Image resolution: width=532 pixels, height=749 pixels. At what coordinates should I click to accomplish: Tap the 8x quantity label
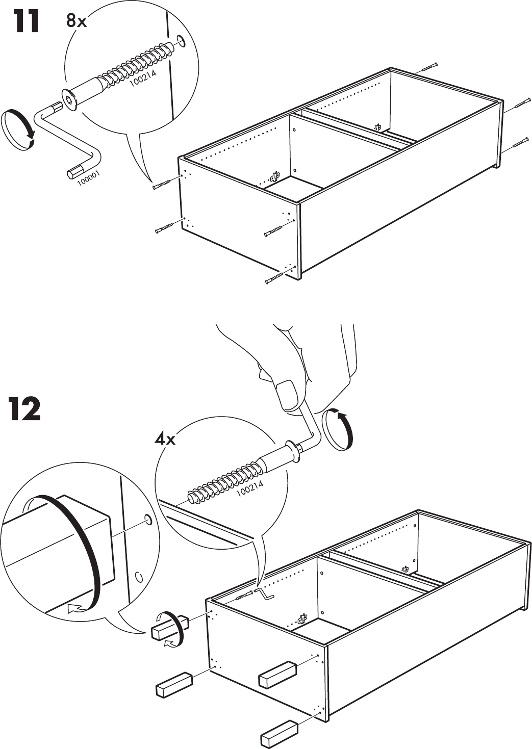point(76,21)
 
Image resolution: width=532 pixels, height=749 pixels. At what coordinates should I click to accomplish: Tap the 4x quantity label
point(165,438)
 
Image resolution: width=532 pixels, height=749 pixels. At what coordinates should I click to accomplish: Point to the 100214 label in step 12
point(250,489)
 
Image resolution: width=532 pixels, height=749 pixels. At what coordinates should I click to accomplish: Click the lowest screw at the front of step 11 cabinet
point(274,278)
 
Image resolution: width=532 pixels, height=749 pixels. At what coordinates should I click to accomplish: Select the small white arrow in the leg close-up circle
point(75,607)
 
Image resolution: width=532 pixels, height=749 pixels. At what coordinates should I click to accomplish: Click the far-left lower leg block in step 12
point(173,684)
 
